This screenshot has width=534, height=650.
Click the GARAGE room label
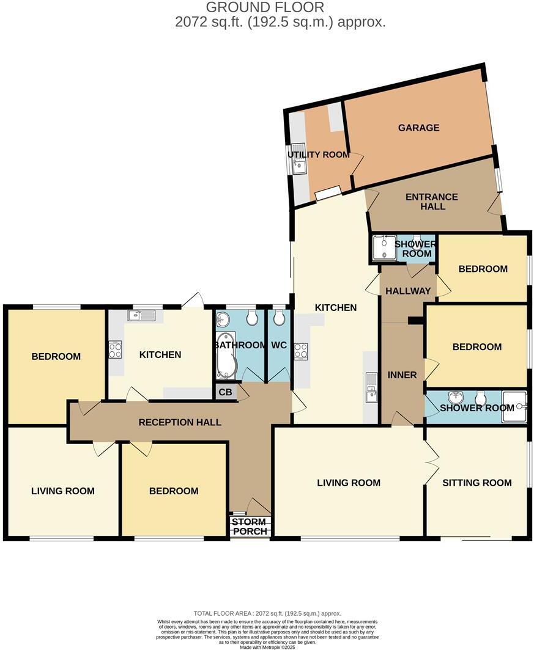pos(419,128)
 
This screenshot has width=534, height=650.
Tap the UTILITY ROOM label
pos(319,155)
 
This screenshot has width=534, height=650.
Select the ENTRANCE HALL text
pos(432,202)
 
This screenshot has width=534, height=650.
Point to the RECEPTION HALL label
pos(180,422)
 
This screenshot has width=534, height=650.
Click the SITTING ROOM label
pos(477,483)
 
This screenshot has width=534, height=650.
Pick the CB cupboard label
pos(225,392)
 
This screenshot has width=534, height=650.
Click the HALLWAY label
pos(408,291)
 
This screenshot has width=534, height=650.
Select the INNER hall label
pos(402,375)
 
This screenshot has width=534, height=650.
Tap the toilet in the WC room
pos(279,318)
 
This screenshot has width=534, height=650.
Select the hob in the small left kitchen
pos(115,349)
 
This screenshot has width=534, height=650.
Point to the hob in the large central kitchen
pos(300,351)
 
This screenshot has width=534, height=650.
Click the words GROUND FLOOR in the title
pos(264,7)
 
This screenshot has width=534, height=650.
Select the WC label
pos(279,345)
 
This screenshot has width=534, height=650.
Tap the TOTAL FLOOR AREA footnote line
pos(267,613)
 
